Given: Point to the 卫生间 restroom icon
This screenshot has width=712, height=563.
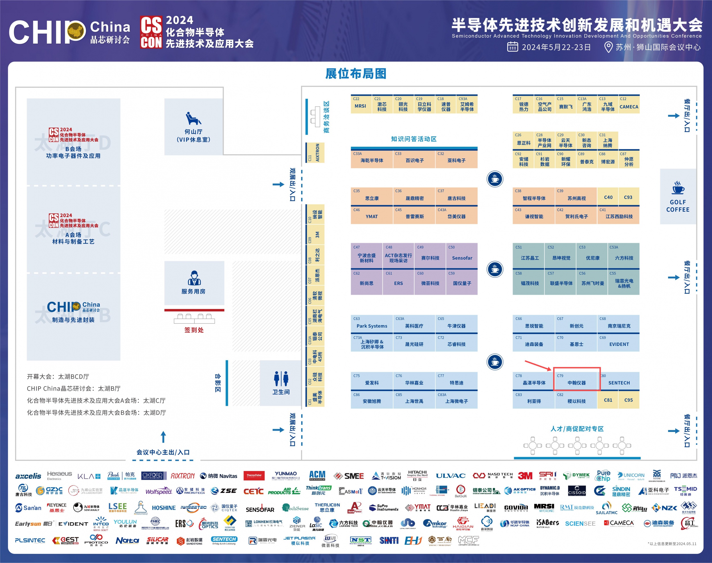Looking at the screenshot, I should [281, 378].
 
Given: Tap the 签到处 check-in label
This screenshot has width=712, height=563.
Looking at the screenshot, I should [194, 330].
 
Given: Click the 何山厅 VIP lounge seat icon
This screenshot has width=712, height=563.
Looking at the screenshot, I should [193, 119].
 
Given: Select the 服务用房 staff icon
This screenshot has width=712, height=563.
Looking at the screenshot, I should [194, 278].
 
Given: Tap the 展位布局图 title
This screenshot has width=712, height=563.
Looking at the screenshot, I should [355, 74].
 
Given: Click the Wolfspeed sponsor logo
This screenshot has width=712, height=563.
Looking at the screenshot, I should [159, 491].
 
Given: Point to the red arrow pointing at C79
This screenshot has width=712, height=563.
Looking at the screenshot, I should [537, 365].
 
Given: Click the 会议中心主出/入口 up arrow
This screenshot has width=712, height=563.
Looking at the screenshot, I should [163, 437].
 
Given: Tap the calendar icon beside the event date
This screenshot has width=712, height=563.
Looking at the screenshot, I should [512, 47].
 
